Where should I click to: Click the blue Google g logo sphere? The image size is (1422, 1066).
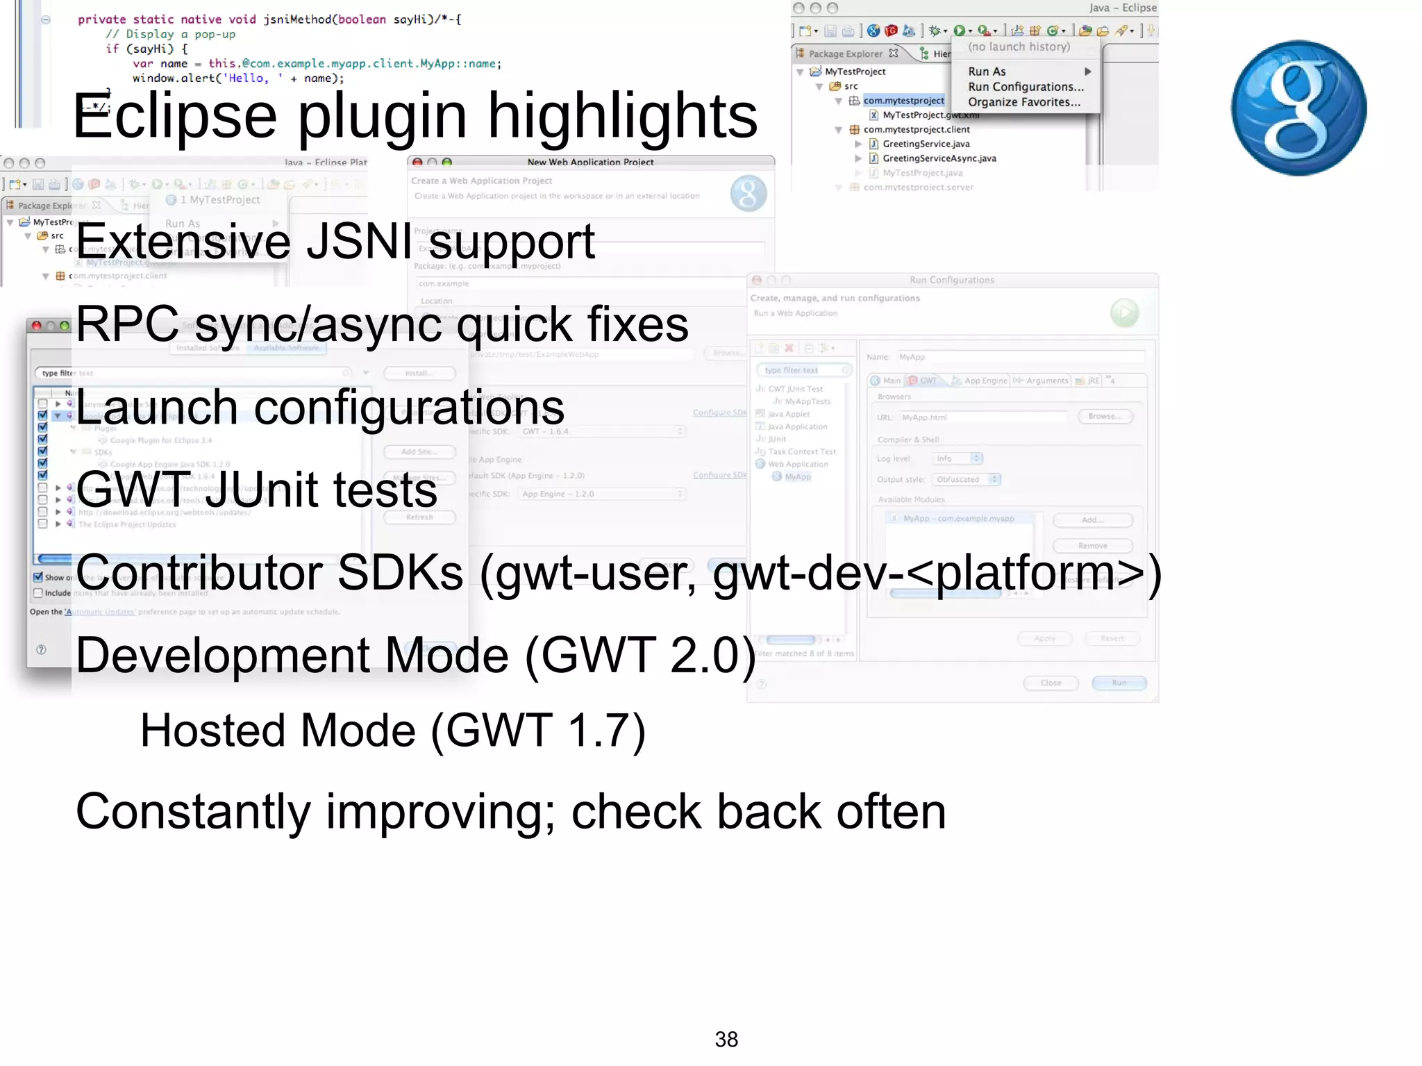[1298, 108]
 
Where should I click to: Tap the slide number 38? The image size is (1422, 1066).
[726, 1040]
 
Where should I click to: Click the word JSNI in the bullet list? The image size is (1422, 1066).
[359, 242]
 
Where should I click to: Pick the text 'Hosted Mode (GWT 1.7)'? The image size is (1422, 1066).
[393, 731]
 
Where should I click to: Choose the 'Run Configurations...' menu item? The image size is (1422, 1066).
[1026, 87]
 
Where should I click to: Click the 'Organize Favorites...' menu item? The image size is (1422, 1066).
[1024, 102]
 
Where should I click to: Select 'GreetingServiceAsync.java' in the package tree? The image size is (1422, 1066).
[939, 158]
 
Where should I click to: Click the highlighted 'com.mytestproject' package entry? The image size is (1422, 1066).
[903, 101]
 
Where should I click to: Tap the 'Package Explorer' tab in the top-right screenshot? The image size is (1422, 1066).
[845, 53]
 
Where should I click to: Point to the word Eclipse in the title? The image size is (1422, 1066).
[175, 116]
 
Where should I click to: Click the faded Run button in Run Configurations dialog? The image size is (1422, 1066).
[1119, 683]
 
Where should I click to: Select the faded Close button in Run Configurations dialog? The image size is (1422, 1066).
[1051, 683]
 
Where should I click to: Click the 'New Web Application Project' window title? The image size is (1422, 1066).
[590, 162]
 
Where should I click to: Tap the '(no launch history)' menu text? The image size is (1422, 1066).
[1019, 47]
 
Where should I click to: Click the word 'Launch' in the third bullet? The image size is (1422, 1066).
[156, 408]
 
